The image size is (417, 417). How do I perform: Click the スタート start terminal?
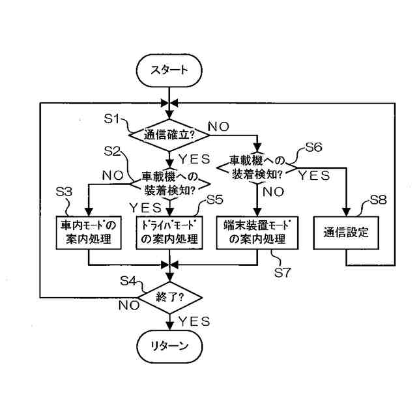point(169,70)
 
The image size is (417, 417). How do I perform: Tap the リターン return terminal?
point(169,346)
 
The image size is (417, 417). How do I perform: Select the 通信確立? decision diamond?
point(169,136)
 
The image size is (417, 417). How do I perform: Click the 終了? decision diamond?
point(169,297)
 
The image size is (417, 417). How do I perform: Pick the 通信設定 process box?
point(346,233)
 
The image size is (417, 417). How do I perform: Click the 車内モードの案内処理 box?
point(89,233)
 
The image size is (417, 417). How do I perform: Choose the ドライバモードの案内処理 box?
point(169,233)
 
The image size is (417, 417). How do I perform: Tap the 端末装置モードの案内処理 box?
point(257,233)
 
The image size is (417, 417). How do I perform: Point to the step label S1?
point(112,119)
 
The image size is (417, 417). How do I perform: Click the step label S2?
point(112,151)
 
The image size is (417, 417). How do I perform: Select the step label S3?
point(64,192)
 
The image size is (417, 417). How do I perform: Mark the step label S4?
point(128,281)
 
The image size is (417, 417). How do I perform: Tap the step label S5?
point(215,199)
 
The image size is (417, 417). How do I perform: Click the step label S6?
point(314,147)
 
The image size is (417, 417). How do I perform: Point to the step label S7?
point(283,272)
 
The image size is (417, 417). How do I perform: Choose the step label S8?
point(379,200)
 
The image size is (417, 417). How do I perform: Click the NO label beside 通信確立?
point(219,126)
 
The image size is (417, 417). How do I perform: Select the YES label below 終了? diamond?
point(194,321)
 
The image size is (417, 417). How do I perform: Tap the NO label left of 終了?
point(129,306)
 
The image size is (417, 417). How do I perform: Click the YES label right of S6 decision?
point(314,175)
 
